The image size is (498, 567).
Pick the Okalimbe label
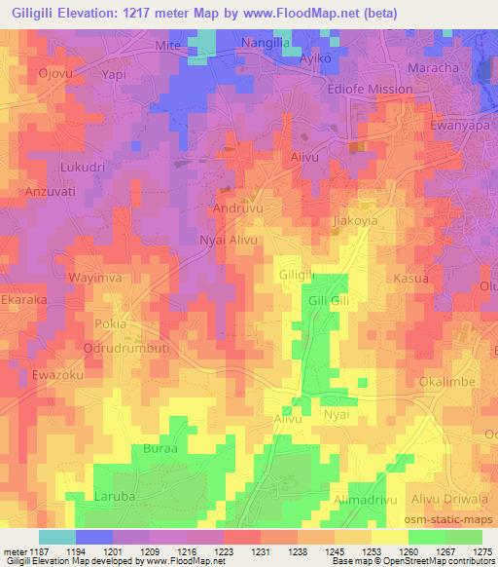(446, 382)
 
